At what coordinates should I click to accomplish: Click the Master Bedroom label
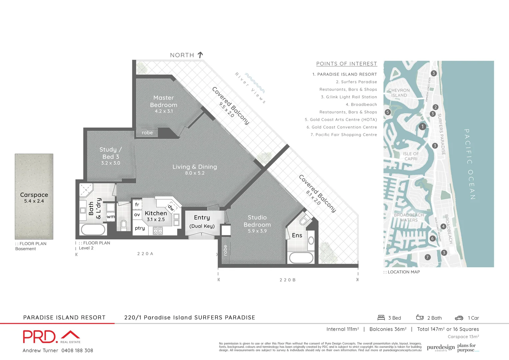point(164,101)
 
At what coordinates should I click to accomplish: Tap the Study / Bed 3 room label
point(111,153)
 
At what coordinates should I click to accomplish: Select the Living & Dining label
point(195,167)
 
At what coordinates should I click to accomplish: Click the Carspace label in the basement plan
point(34,195)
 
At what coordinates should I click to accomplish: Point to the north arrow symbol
point(200,55)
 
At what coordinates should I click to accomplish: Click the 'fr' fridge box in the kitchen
point(137,204)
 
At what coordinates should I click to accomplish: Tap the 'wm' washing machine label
point(111,217)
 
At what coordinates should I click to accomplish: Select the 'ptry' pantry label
point(140,228)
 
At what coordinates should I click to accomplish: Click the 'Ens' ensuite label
point(297,235)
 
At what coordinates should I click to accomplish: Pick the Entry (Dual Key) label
point(202,221)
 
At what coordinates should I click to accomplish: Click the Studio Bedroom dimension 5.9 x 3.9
point(257,231)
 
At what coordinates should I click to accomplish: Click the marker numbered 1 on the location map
point(422,127)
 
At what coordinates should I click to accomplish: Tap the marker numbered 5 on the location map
point(387,112)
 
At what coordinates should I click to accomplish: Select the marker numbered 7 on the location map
point(428,257)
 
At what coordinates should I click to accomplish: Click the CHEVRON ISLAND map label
point(399,93)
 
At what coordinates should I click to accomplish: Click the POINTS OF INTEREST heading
point(346,64)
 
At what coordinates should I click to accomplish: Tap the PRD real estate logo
point(51,337)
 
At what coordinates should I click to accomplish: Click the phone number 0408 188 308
point(77,350)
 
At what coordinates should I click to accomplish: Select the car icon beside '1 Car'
point(459,318)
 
